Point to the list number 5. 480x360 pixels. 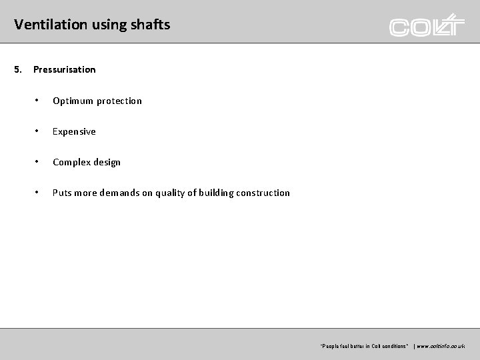point(18,69)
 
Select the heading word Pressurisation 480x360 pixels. point(65,69)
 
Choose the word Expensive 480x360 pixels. point(74,132)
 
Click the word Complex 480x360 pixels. point(71,163)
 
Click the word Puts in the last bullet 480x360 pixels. point(62,193)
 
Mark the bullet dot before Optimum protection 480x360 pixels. point(38,101)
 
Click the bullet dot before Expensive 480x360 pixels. point(38,131)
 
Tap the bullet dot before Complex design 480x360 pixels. point(38,162)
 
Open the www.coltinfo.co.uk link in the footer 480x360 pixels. point(441,347)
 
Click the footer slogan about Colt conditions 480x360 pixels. point(364,347)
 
